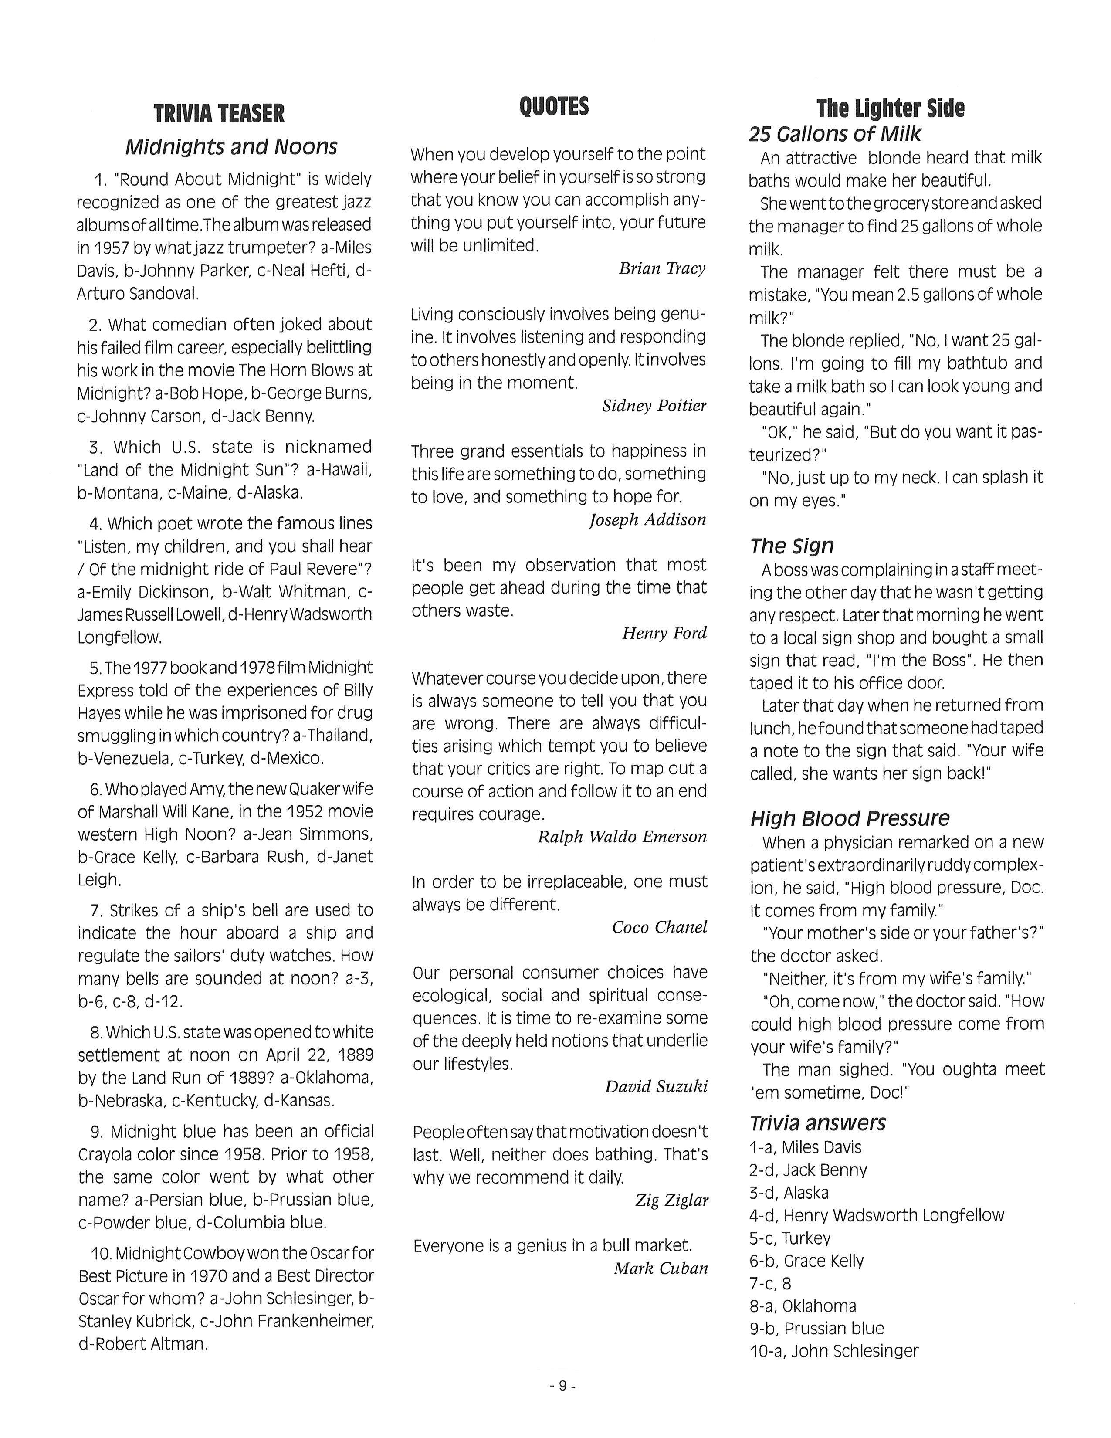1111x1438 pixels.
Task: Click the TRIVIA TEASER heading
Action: click(x=219, y=113)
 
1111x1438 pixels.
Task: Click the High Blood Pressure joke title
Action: click(x=850, y=818)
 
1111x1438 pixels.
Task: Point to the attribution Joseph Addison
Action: click(x=647, y=519)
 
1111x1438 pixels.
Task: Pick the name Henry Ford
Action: click(x=664, y=633)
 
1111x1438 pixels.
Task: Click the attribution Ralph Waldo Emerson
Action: click(x=622, y=836)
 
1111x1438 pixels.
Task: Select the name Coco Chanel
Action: click(x=660, y=927)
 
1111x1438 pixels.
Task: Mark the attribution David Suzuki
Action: click(x=656, y=1086)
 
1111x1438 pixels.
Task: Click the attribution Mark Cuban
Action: click(x=661, y=1268)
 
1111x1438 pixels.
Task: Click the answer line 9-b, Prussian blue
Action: click(x=817, y=1328)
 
